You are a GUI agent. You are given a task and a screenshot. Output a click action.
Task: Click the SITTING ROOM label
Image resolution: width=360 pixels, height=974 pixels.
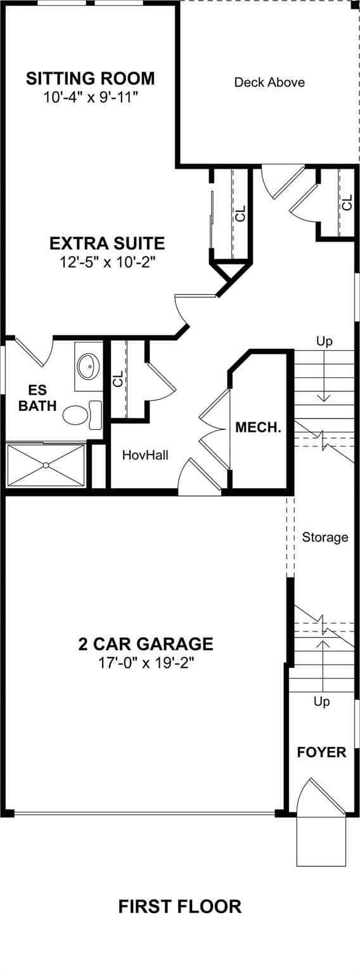click(91, 78)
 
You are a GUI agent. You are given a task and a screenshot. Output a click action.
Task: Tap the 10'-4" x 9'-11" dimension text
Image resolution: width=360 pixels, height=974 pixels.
click(91, 97)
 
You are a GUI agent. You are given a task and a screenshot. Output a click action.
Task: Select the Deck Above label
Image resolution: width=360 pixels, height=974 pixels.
click(269, 82)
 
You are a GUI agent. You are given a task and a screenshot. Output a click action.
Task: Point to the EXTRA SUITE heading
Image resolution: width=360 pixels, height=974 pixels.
click(107, 243)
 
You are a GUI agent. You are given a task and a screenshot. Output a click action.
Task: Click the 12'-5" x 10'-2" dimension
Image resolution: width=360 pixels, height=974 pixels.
click(107, 262)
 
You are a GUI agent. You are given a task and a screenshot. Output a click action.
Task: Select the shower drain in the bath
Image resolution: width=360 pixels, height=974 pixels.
click(46, 465)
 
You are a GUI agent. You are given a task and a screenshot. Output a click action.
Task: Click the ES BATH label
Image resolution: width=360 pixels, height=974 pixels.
click(38, 398)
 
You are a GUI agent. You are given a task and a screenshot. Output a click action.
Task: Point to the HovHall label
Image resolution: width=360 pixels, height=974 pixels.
click(145, 455)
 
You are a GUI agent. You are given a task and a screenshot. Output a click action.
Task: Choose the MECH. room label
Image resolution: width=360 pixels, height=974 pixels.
click(258, 427)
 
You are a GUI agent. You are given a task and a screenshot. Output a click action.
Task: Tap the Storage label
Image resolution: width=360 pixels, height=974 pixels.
click(325, 538)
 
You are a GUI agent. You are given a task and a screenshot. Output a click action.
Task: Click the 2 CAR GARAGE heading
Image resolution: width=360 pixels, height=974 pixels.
click(146, 644)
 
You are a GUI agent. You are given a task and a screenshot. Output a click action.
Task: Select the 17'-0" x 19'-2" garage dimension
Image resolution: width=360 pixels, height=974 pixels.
click(146, 663)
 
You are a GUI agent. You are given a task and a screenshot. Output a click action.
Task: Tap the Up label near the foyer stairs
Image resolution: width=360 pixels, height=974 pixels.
click(322, 702)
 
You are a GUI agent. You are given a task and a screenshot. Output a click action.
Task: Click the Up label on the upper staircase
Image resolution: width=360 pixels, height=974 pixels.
click(325, 341)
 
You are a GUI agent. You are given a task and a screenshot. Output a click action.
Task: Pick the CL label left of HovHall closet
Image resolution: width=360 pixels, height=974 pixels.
click(118, 379)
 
